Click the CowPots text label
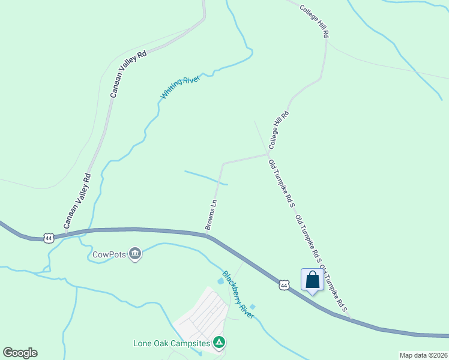(x=109, y=254)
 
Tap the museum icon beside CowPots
(x=135, y=254)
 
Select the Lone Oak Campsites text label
(x=172, y=344)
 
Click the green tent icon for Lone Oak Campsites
(x=220, y=343)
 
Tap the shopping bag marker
(x=312, y=280)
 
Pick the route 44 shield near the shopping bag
(x=284, y=284)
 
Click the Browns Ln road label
(x=211, y=215)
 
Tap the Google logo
(x=20, y=353)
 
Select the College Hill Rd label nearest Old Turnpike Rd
(x=279, y=130)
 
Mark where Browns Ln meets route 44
(x=207, y=235)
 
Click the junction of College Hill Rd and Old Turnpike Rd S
(x=268, y=154)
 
